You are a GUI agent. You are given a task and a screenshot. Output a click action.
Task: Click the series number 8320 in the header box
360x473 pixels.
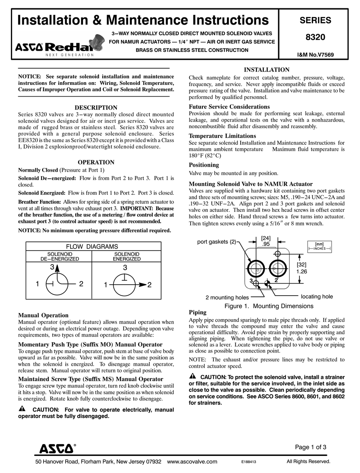click(x=315, y=38)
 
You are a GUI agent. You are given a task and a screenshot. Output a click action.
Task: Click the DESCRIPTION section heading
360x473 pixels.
click(x=96, y=108)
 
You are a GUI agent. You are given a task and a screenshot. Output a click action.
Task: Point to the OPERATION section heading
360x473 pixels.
click(x=96, y=162)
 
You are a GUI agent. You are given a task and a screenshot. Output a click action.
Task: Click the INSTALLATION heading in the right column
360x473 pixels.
click(x=266, y=70)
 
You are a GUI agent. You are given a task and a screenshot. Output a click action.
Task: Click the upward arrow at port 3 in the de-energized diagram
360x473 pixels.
click(x=57, y=269)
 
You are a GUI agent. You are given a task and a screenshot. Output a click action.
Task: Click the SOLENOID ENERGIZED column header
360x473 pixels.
click(x=127, y=257)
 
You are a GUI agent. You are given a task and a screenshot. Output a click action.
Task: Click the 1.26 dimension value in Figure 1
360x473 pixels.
click(x=301, y=271)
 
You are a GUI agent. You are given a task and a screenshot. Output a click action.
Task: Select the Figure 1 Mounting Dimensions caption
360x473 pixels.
click(x=269, y=306)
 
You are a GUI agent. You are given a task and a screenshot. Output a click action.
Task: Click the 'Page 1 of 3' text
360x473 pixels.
click(x=310, y=447)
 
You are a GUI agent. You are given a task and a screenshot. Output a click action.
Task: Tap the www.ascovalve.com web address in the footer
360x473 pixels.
click(x=192, y=462)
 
